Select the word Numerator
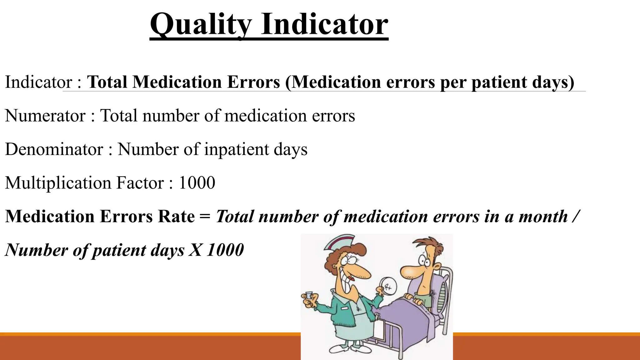(x=45, y=116)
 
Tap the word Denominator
(x=54, y=149)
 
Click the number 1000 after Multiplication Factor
(x=197, y=183)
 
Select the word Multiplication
(x=58, y=183)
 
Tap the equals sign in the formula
(x=205, y=216)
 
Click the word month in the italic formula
(x=543, y=216)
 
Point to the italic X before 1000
(x=196, y=250)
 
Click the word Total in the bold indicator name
(x=107, y=82)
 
